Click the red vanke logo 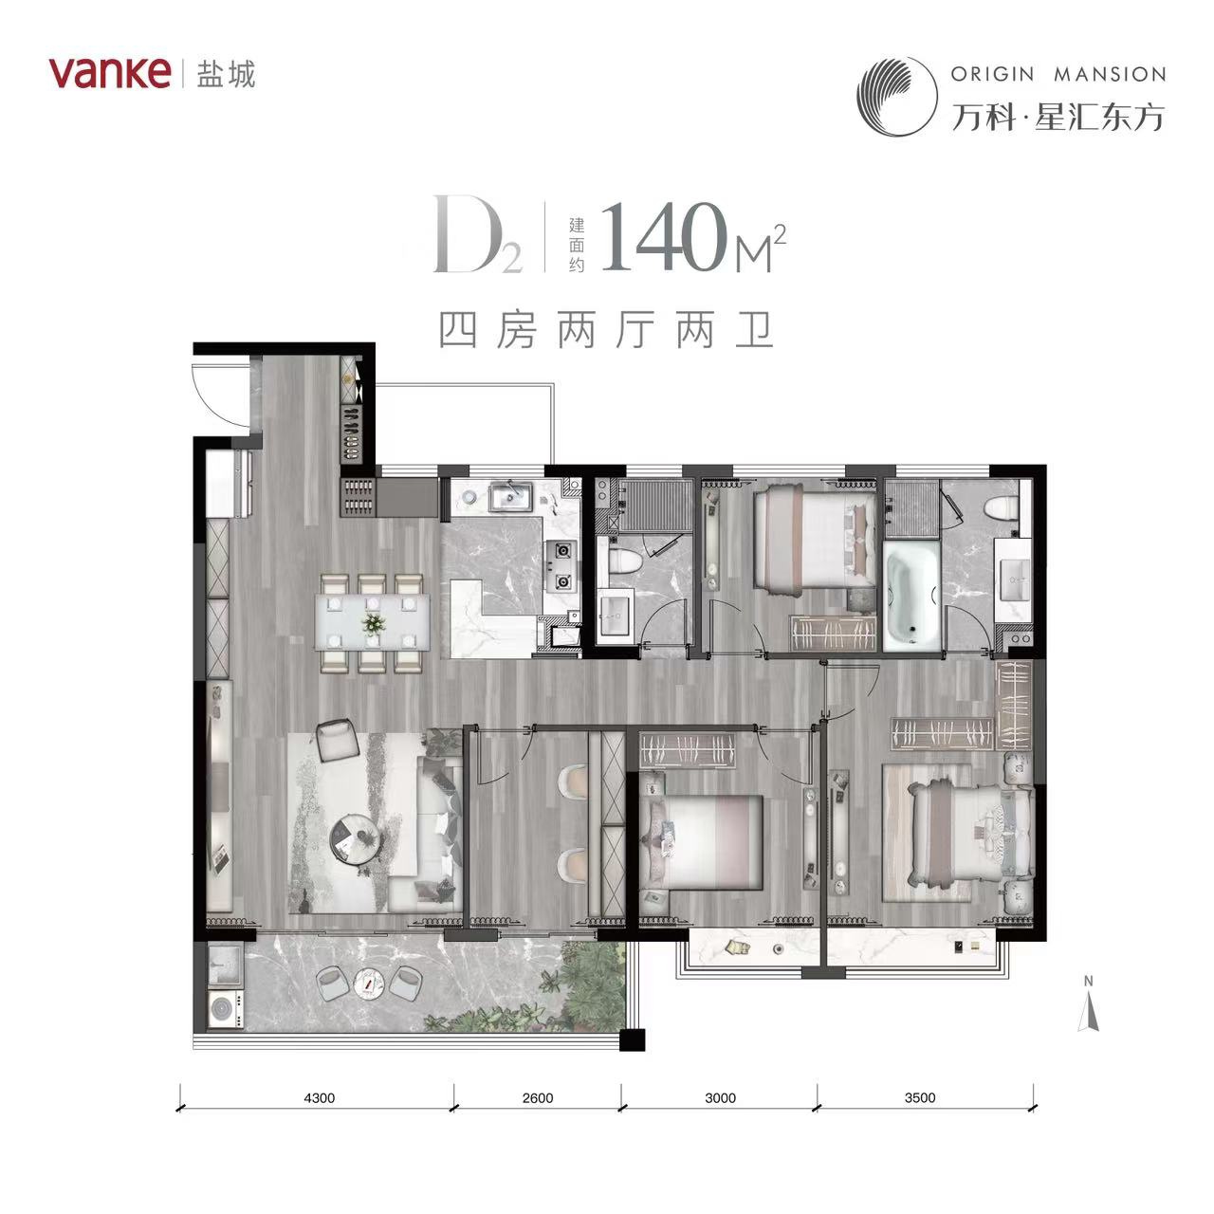(109, 73)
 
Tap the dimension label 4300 (320, 1098)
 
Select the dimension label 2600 (538, 1098)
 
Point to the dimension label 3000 (720, 1098)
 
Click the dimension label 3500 (920, 1097)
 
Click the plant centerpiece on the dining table (374, 624)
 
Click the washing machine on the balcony (226, 1008)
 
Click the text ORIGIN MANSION (1058, 74)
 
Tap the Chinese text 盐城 (226, 74)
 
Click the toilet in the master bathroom (1001, 507)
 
